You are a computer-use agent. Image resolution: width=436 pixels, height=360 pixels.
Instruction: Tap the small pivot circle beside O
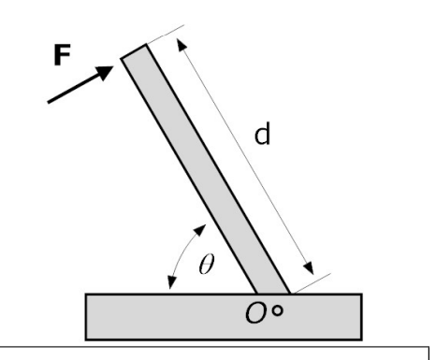coord(300,311)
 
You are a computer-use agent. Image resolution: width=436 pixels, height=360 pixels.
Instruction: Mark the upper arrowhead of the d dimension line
coord(182,43)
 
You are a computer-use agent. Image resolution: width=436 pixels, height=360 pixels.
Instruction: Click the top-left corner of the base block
coord(87,295)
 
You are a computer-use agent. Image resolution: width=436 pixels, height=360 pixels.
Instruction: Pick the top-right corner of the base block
coord(361,295)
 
